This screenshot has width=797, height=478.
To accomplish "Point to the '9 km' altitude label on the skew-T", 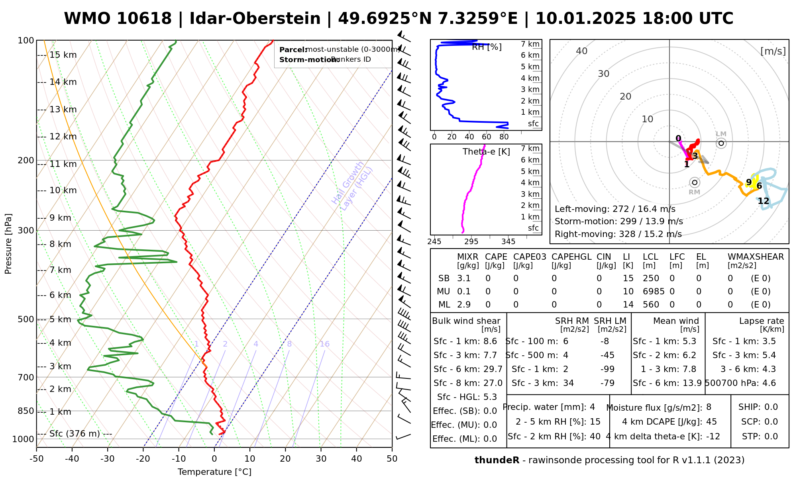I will click(60, 218).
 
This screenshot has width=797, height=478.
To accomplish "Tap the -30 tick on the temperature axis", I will click(108, 459).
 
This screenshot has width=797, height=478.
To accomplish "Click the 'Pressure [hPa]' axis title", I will click(8, 244).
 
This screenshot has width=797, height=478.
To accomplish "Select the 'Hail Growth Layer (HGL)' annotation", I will click(352, 186).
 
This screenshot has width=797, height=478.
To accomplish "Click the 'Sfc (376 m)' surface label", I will click(75, 434).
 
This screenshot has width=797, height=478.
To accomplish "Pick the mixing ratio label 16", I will click(324, 344).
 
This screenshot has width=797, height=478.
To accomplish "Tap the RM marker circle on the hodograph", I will click(695, 182).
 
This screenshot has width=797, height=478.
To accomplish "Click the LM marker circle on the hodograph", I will click(721, 143).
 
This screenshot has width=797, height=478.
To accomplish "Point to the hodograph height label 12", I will click(763, 201).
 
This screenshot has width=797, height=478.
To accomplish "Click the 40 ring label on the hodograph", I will click(582, 51).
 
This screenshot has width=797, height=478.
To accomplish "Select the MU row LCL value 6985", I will click(654, 292).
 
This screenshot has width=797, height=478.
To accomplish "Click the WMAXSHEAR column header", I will click(756, 257).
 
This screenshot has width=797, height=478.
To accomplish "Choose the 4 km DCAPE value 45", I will click(711, 422).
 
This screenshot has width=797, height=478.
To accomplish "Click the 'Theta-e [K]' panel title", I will click(486, 152).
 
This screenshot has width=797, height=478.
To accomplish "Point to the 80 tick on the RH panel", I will click(504, 137).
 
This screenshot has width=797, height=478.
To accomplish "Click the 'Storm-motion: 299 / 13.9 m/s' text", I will click(618, 221).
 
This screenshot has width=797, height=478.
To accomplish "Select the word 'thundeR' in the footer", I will click(497, 460).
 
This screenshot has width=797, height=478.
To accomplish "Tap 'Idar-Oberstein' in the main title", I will click(255, 19).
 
